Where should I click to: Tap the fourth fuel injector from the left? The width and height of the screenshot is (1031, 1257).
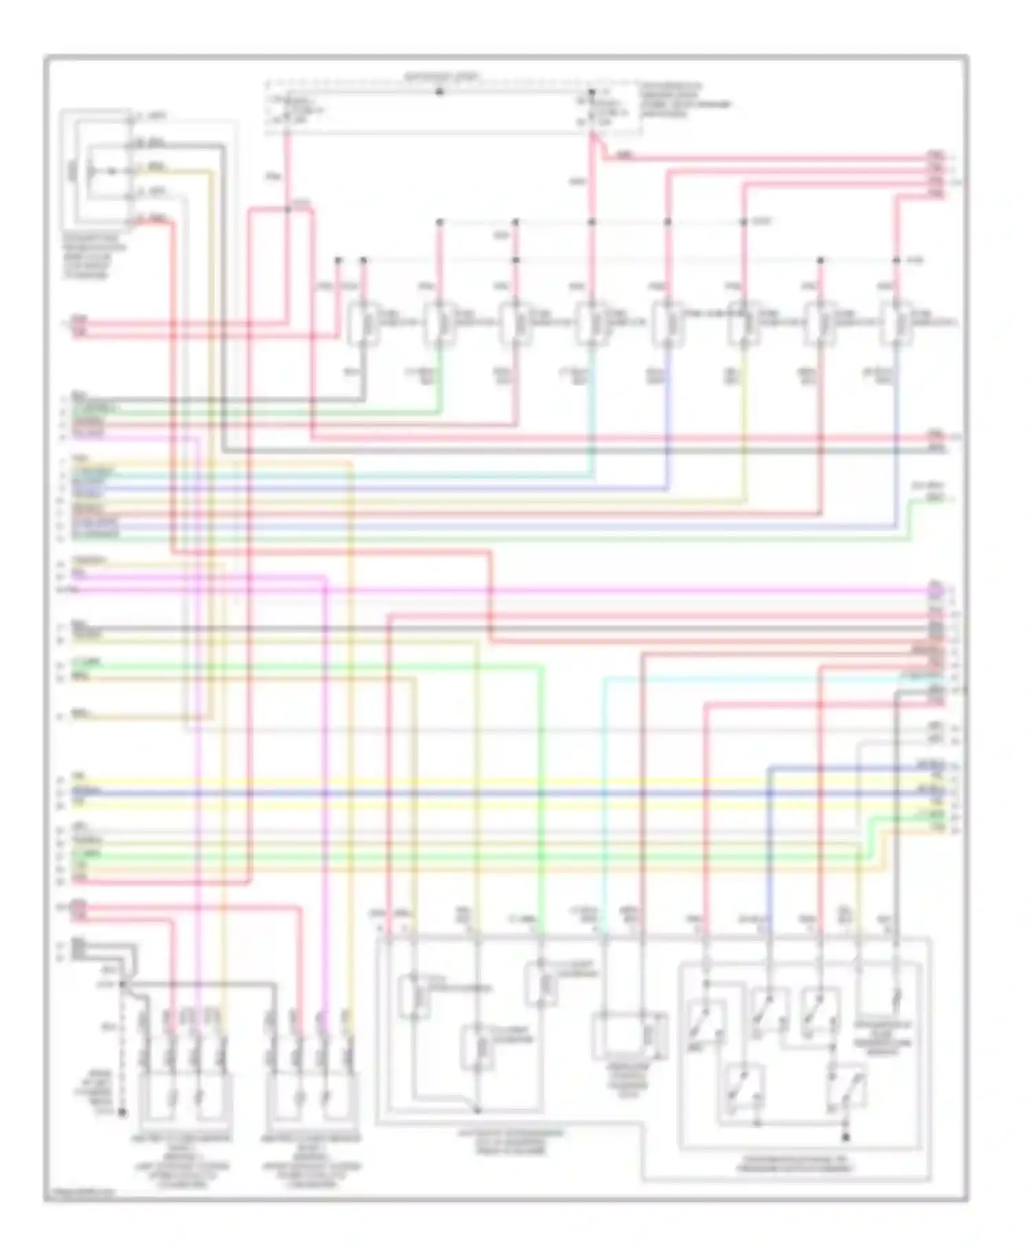590,322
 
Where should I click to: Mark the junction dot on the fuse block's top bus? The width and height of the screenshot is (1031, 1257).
440,91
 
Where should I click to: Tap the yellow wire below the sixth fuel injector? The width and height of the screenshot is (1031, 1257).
744,426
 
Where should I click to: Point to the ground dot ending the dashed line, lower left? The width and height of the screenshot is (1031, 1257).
122,1111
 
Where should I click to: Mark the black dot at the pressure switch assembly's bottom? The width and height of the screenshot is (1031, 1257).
845,1137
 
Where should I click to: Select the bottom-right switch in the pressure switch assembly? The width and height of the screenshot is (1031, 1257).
847,1088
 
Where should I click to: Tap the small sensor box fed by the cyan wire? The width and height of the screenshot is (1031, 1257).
629,1036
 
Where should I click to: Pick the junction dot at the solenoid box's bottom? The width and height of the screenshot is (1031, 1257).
478,1110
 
